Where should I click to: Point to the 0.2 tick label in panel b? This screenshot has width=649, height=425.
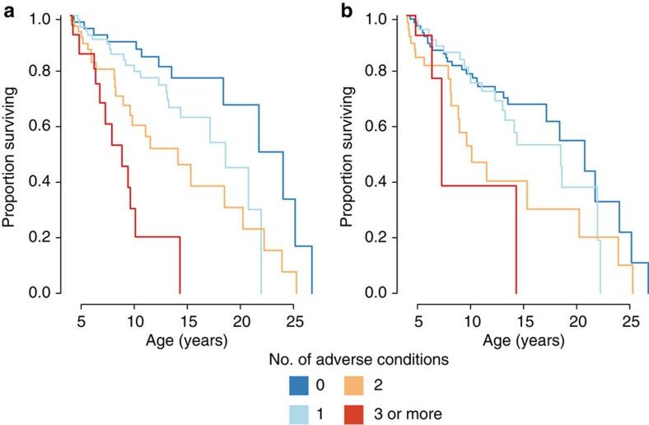pyautogui.click(x=384, y=237)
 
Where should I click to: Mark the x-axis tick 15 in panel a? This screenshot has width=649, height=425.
pyautogui.click(x=187, y=315)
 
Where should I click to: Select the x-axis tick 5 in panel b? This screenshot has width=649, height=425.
pyautogui.click(x=418, y=315)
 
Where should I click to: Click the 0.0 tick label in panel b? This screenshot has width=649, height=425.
pyautogui.click(x=384, y=292)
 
